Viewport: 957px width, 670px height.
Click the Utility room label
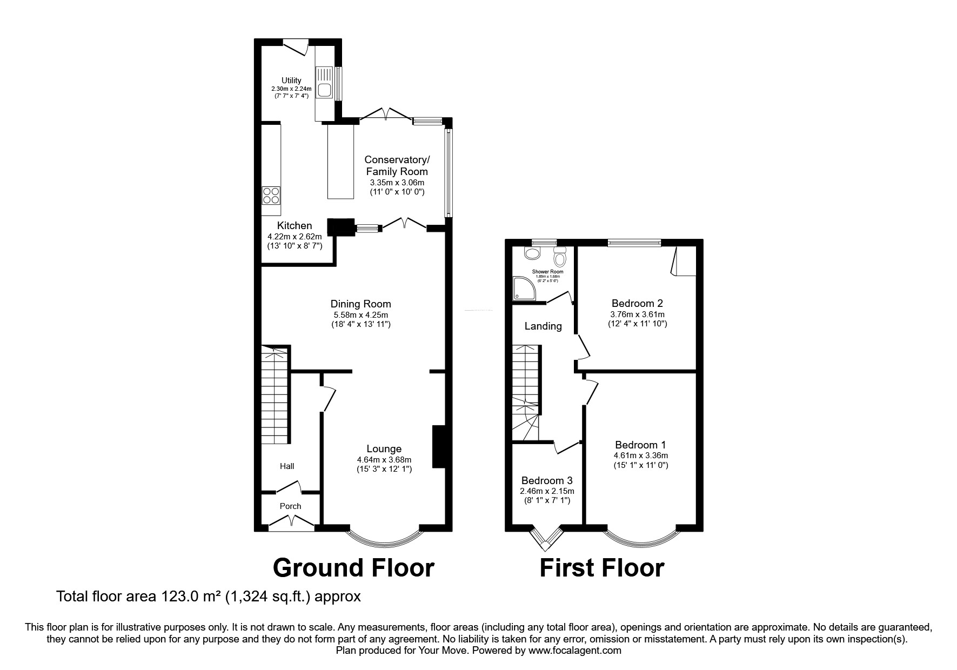click(x=291, y=81)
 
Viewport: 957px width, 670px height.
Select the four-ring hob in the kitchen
click(x=271, y=195)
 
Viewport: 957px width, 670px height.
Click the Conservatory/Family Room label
click(x=397, y=165)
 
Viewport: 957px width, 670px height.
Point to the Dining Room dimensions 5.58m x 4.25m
click(x=360, y=315)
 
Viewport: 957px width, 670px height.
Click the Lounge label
click(x=384, y=448)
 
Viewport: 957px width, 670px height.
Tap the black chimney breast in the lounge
click(x=438, y=447)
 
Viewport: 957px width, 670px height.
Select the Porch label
click(x=290, y=506)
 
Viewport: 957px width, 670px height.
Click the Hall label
click(x=287, y=466)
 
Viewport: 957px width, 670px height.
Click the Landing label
click(x=543, y=326)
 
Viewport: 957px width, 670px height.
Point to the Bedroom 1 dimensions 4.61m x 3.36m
click(x=640, y=455)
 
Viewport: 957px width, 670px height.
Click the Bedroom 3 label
click(x=547, y=480)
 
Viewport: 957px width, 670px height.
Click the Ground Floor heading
click(x=353, y=568)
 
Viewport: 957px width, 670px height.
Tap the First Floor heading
click(x=601, y=568)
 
